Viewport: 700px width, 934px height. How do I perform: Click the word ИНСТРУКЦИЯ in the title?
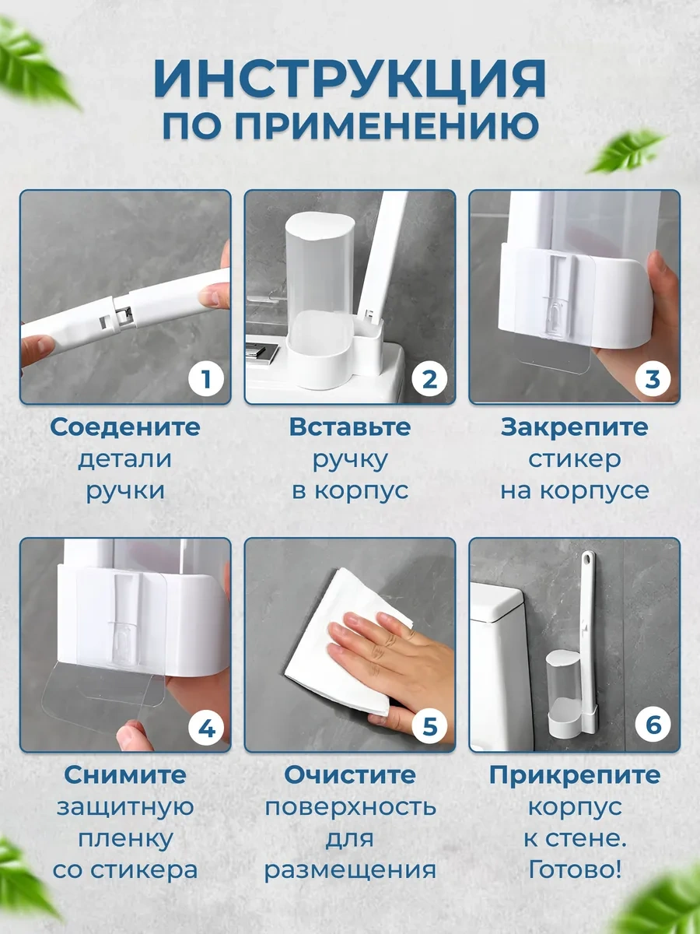pyautogui.click(x=350, y=79)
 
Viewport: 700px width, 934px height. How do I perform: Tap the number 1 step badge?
pyautogui.click(x=205, y=380)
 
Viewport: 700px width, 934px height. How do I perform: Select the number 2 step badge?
pyautogui.click(x=429, y=380)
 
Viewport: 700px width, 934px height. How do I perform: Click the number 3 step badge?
pyautogui.click(x=653, y=380)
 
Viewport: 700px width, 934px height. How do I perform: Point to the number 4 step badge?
pyautogui.click(x=205, y=728)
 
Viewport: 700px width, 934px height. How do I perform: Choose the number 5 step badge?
pyautogui.click(x=429, y=728)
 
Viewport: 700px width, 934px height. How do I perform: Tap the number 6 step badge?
pyautogui.click(x=653, y=728)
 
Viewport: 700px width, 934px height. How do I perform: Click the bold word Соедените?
pyautogui.click(x=125, y=427)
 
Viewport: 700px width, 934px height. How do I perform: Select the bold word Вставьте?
pyautogui.click(x=350, y=427)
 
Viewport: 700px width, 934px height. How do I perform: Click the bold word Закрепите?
pyautogui.click(x=574, y=427)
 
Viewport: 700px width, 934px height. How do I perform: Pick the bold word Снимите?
pyautogui.click(x=125, y=775)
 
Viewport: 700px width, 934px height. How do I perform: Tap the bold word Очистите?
pyautogui.click(x=350, y=775)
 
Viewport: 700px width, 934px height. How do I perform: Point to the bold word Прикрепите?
pyautogui.click(x=574, y=775)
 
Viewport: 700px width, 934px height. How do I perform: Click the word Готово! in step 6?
pyautogui.click(x=574, y=869)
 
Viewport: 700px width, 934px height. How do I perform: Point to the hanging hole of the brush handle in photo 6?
pyautogui.click(x=588, y=559)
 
